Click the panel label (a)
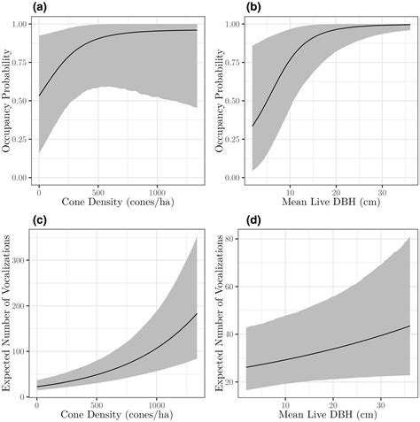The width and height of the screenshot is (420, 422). click(x=12, y=8)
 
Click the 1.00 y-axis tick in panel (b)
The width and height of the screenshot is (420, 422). click(x=232, y=24)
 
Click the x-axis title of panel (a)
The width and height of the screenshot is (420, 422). click(x=97, y=203)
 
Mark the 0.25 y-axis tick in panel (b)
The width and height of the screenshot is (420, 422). click(x=232, y=139)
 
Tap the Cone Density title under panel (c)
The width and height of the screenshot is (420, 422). click(x=97, y=412)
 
